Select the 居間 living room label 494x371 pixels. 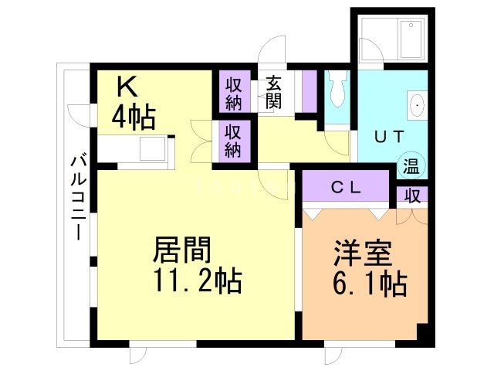pyautogui.click(x=182, y=250)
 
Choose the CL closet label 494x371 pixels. pyautogui.click(x=345, y=187)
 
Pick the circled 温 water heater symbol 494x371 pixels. pyautogui.click(x=411, y=165)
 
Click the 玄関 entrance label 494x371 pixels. pyautogui.click(x=274, y=91)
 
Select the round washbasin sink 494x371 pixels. pyautogui.click(x=418, y=105)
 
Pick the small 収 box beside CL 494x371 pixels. pyautogui.click(x=412, y=194)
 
